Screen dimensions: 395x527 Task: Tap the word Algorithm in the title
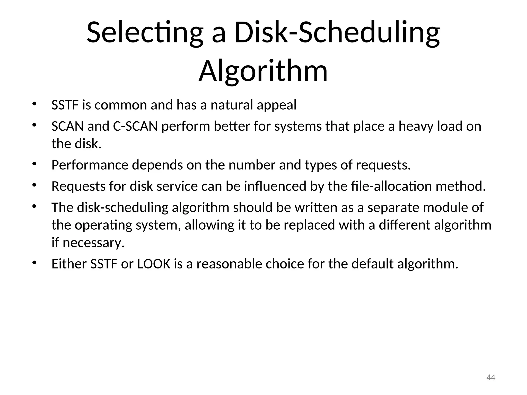[x=263, y=71]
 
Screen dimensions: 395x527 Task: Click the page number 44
[x=491, y=378]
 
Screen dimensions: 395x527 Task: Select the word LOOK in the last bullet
[x=154, y=264]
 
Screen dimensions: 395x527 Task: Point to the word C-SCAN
[x=135, y=126]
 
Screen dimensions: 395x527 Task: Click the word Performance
[x=90, y=165]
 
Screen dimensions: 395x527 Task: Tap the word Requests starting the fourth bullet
[x=78, y=186]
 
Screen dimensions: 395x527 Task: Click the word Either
[x=69, y=264]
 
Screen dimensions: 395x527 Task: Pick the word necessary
[x=93, y=243]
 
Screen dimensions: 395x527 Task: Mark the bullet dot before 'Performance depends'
[x=34, y=164]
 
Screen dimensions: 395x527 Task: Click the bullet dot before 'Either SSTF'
[x=34, y=263]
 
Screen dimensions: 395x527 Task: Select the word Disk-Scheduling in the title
[x=337, y=33]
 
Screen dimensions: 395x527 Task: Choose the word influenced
[x=275, y=186]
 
